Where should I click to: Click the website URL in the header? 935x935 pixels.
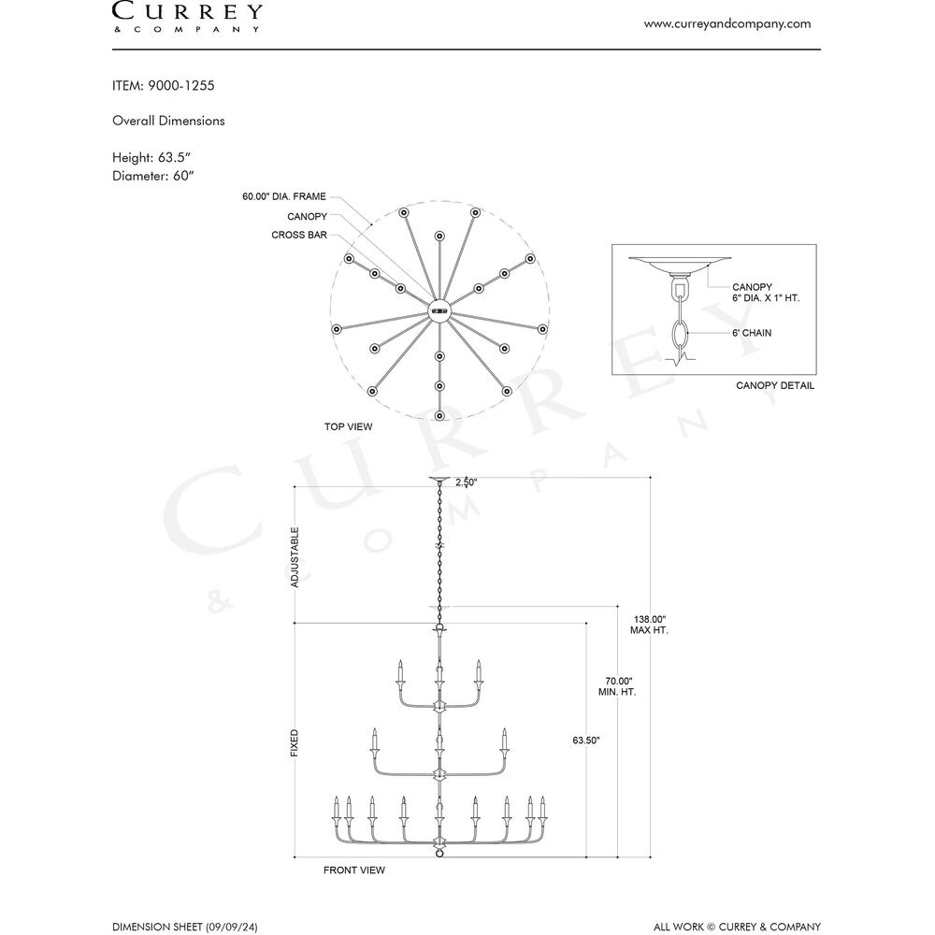point(726,24)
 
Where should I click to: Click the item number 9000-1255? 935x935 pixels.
point(181,85)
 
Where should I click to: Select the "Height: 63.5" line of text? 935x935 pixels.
point(151,157)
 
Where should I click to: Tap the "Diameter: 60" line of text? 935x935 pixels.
point(153,176)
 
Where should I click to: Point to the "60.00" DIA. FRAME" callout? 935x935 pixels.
point(284,196)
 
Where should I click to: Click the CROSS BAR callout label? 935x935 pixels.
point(299,235)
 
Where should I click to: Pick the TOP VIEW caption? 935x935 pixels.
point(348,426)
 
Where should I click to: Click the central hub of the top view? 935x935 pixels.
point(439,310)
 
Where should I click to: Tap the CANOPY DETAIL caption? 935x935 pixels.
point(775,385)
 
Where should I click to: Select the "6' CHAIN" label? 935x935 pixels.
point(752,333)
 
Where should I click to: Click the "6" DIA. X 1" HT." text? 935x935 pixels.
point(766,297)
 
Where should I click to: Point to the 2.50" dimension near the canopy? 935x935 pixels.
point(467,482)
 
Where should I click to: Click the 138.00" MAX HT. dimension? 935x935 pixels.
point(650,625)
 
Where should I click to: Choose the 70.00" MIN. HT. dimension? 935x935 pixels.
point(617,686)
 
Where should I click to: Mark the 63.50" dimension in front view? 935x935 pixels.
point(586,740)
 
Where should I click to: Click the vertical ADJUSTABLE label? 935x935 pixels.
point(295,557)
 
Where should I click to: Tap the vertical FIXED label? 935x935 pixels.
point(295,743)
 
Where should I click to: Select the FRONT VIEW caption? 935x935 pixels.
point(354,870)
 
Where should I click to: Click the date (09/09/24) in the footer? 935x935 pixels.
point(232,928)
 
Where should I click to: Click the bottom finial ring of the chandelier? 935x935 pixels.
point(439,854)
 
